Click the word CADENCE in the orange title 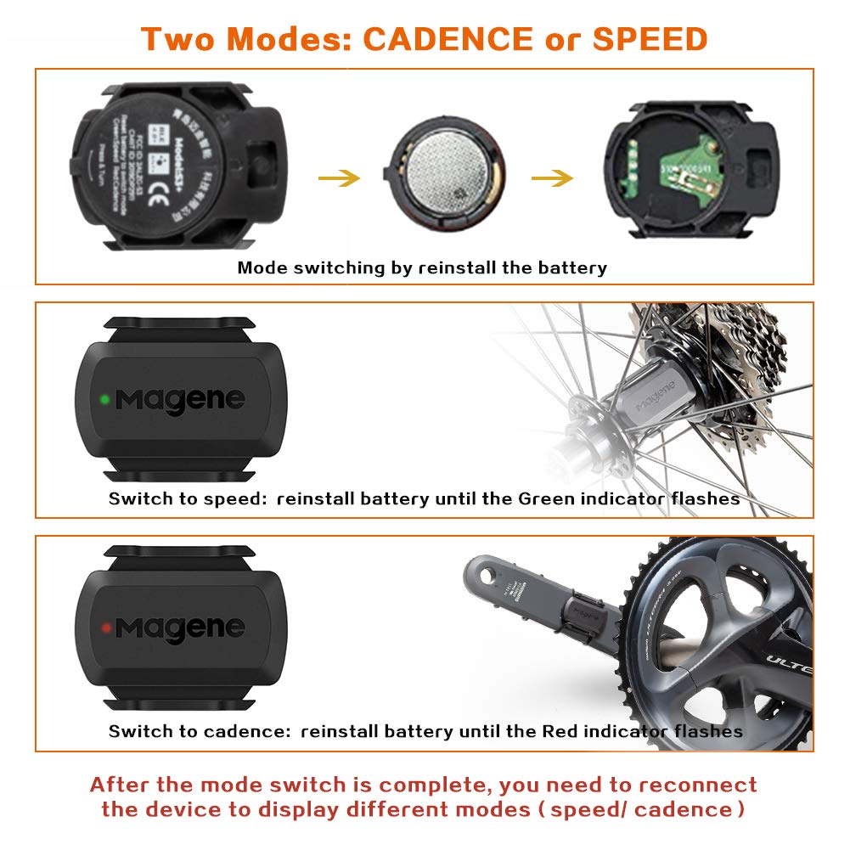point(448,39)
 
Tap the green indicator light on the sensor point(104,397)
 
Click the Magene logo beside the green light point(181,398)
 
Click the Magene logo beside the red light point(181,628)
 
